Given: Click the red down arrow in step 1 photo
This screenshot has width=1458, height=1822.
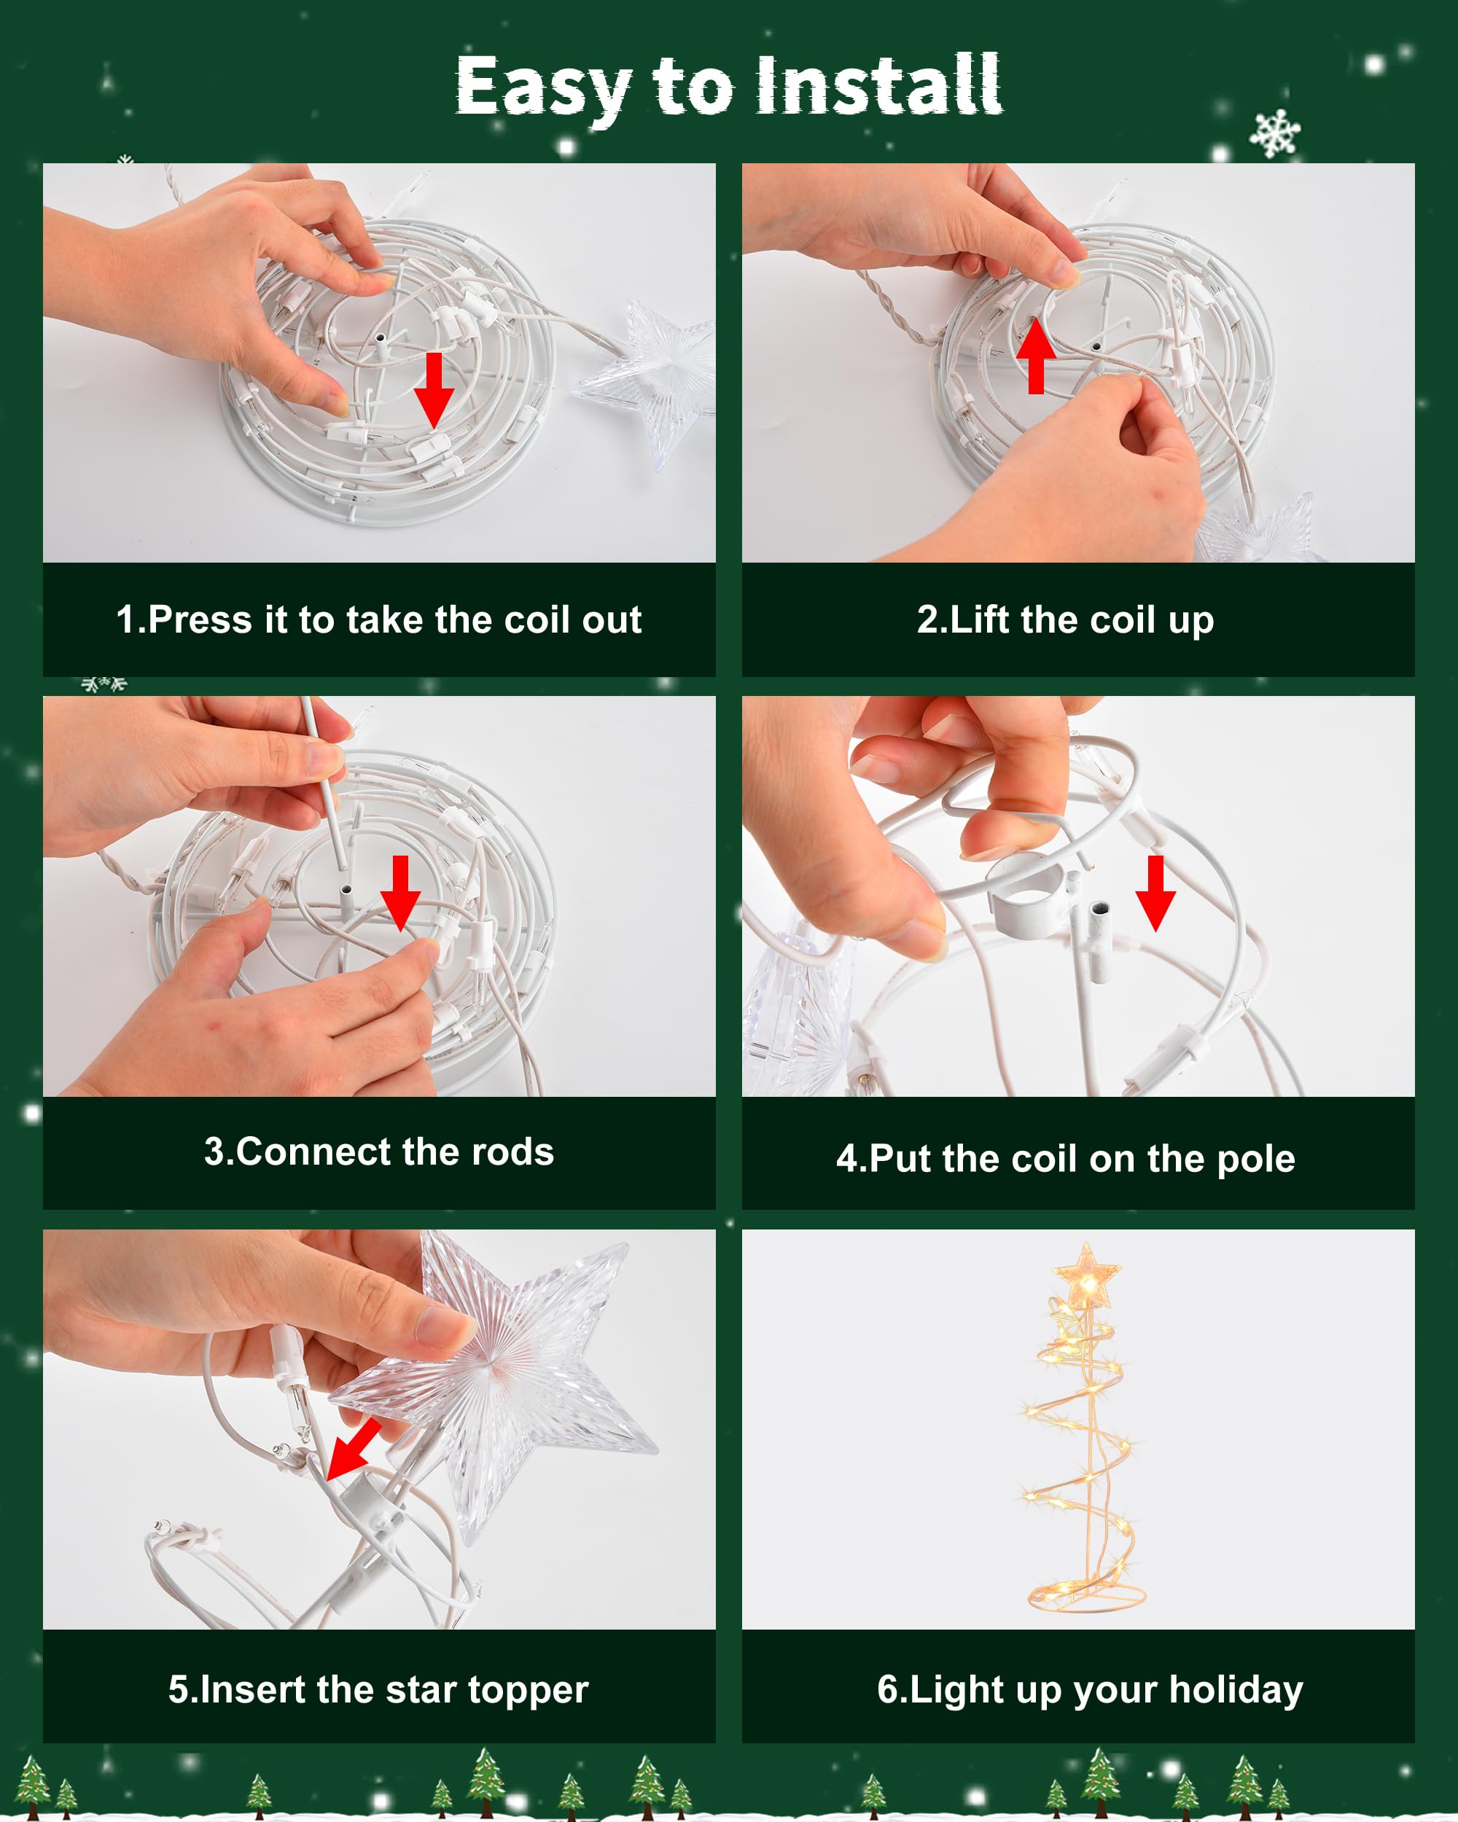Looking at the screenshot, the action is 434,391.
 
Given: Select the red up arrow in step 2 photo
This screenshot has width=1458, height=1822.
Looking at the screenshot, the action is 1036,356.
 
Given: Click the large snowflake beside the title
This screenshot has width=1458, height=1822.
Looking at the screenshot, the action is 1276,133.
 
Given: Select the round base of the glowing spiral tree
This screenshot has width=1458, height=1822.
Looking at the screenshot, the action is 1086,1596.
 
